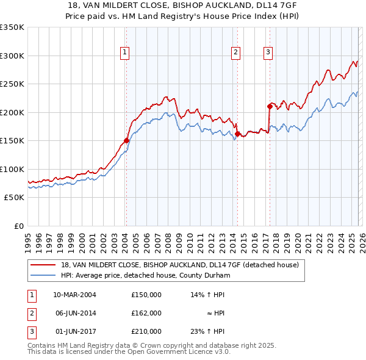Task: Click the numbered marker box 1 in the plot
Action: [125, 53]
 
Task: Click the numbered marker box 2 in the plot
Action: [235, 53]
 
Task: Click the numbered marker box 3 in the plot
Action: [268, 53]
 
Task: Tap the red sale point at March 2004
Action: [126, 140]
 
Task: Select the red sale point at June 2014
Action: [237, 134]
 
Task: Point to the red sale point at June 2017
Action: [269, 106]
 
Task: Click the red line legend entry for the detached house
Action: [179, 265]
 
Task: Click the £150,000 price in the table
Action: [146, 294]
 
